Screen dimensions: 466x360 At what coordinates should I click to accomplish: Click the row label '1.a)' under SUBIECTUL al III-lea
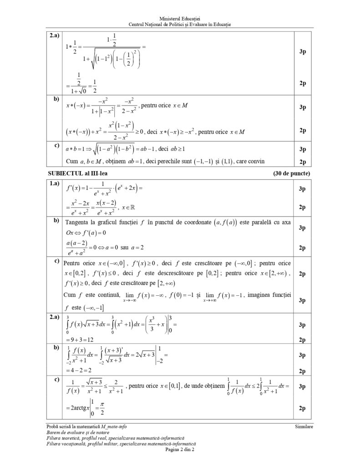pyautogui.click(x=55, y=184)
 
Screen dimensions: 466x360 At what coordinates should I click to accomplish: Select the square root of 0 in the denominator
pyautogui.click(x=88, y=91)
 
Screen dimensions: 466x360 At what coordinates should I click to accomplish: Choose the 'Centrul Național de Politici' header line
pyautogui.click(x=180, y=24)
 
